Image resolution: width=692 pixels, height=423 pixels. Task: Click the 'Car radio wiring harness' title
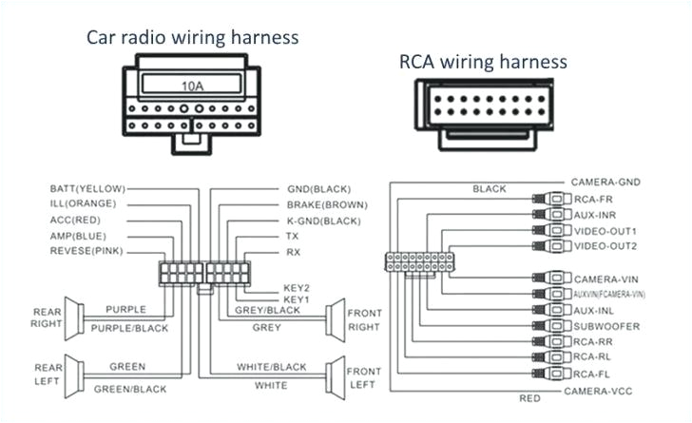coord(193,37)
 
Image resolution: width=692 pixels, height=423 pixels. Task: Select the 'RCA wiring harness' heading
coord(482,62)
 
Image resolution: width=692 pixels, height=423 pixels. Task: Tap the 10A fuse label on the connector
coord(193,86)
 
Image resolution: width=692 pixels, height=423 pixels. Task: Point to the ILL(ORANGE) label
coord(83,203)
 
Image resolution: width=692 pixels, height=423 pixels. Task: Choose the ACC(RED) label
coord(76,220)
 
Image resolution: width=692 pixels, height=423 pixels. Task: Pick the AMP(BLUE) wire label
coord(78,235)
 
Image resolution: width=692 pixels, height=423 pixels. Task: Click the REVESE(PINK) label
coord(86,251)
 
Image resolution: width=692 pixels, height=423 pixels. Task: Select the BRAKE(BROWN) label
coord(327,204)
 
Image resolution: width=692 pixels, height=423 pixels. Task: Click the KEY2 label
coord(297,287)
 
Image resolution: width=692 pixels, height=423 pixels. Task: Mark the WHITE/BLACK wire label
coord(271,367)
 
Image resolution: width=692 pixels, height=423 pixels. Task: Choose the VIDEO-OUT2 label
coord(605,246)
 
